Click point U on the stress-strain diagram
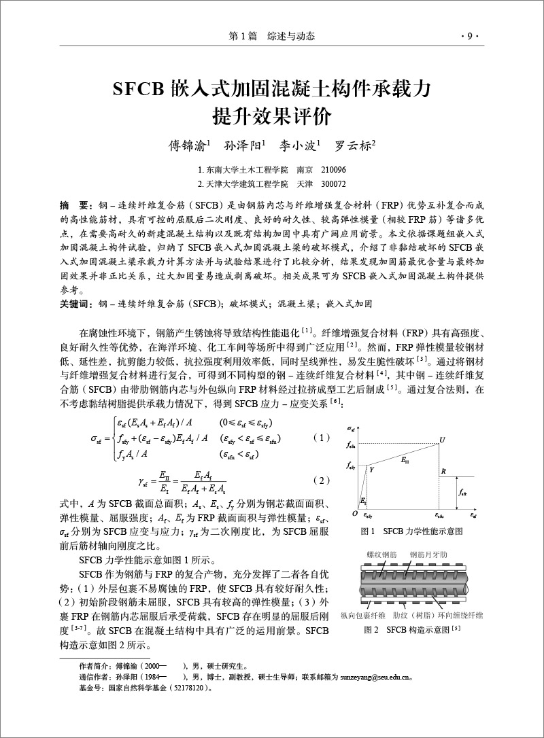pos(442,440)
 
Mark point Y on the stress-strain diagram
pos(372,469)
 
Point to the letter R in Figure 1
pos(443,470)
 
